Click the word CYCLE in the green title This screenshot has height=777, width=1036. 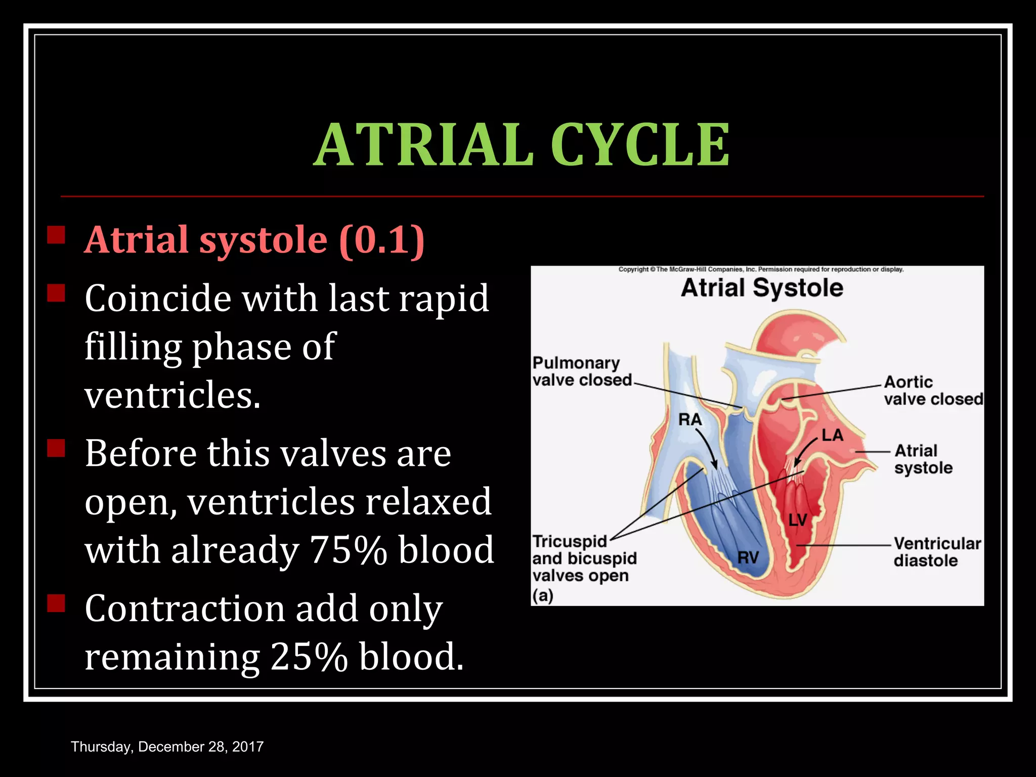tap(639, 145)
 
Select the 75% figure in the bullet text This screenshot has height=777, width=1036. tap(349, 550)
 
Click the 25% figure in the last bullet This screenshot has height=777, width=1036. tap(309, 657)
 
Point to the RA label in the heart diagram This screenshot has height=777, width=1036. tap(690, 419)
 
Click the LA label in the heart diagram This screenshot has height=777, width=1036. tap(832, 435)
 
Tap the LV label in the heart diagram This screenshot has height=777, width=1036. tap(798, 520)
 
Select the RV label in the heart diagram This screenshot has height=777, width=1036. tap(748, 557)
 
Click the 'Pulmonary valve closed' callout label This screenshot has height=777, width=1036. tap(582, 371)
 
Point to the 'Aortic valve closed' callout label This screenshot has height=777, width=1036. tap(932, 390)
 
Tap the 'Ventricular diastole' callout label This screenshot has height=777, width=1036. tap(936, 552)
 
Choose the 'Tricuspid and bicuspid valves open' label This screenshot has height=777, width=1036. tap(583, 558)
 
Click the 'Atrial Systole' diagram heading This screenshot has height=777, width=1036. tap(762, 288)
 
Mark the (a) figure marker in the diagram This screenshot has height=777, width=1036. tap(543, 595)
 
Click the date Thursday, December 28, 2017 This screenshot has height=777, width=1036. tap(167, 747)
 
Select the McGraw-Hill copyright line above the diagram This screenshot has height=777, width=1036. tap(761, 270)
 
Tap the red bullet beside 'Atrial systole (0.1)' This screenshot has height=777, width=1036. tap(56, 235)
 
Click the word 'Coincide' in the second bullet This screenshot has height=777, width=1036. tap(158, 298)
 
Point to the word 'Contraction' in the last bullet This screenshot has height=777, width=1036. tap(185, 609)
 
